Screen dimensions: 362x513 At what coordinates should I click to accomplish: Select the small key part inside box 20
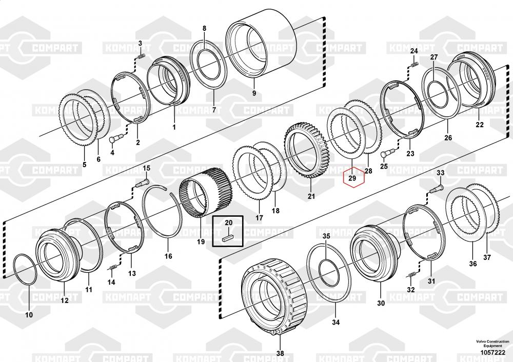[x=228, y=237]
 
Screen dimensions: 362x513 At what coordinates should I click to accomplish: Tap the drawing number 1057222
[x=492, y=352]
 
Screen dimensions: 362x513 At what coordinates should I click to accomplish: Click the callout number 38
[x=280, y=353]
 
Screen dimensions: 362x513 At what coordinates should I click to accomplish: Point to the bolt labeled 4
[x=114, y=138]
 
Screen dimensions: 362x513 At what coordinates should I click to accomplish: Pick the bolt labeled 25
[x=388, y=152]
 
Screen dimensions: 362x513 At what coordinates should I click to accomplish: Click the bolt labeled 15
[x=143, y=181]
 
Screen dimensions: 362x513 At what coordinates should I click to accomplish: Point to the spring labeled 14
[x=112, y=268]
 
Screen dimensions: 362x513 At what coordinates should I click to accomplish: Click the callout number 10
[x=29, y=314]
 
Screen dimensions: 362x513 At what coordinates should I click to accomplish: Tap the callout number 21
[x=311, y=195]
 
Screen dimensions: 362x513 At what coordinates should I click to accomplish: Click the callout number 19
[x=200, y=242]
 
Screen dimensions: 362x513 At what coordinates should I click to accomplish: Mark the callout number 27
[x=434, y=57]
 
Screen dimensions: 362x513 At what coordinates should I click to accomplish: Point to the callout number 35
[x=326, y=236]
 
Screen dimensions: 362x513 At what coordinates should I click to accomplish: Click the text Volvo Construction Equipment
[x=491, y=344]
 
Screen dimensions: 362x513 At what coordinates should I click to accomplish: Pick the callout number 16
[x=168, y=256]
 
